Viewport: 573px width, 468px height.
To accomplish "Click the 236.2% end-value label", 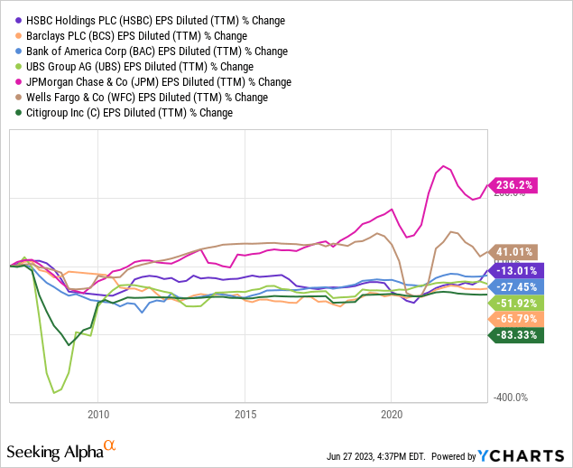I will click(x=513, y=185).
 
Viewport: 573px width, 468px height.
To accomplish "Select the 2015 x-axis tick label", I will click(x=245, y=415).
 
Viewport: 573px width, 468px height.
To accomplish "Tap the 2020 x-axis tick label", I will click(x=392, y=415).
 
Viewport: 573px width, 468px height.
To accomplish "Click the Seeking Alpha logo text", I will click(x=56, y=450).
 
